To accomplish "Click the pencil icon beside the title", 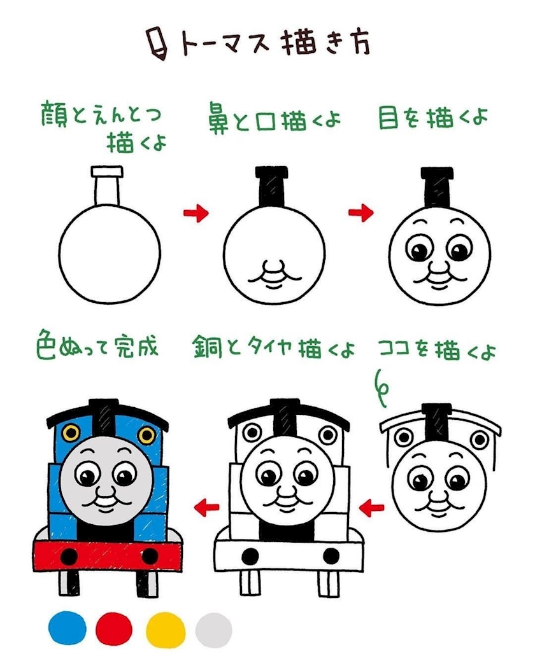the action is (x=157, y=44).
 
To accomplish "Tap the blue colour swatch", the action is (x=67, y=628).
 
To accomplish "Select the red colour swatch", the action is (x=114, y=629).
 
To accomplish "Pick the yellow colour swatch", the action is (x=166, y=630).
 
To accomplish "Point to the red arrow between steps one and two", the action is (x=196, y=212).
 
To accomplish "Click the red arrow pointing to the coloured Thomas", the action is (x=206, y=507).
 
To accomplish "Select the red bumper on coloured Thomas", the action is (x=108, y=557).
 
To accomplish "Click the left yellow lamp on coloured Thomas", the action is (x=71, y=433).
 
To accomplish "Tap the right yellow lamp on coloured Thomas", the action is (x=146, y=435).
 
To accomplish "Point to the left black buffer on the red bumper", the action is (x=69, y=557).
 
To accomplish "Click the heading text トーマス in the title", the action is (x=225, y=43).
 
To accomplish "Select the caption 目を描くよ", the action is (x=432, y=118).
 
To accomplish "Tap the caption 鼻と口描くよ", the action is (x=275, y=120).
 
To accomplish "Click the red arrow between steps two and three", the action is (x=361, y=212).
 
